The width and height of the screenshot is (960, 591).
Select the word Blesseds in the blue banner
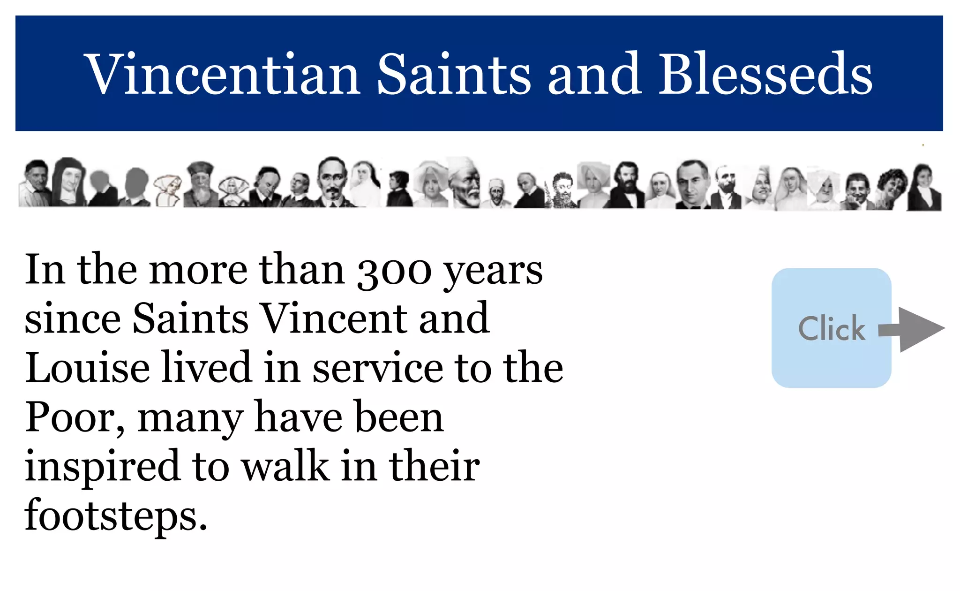pos(766,74)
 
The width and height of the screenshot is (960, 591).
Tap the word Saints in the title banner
pos(454,74)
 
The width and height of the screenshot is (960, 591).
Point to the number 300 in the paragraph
pos(394,271)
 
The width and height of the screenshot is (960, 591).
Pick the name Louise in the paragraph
pos(87,368)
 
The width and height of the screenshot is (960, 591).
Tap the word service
pos(377,369)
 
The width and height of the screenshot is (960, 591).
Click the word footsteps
pos(115,516)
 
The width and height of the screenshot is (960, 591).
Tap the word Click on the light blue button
pos(832,328)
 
